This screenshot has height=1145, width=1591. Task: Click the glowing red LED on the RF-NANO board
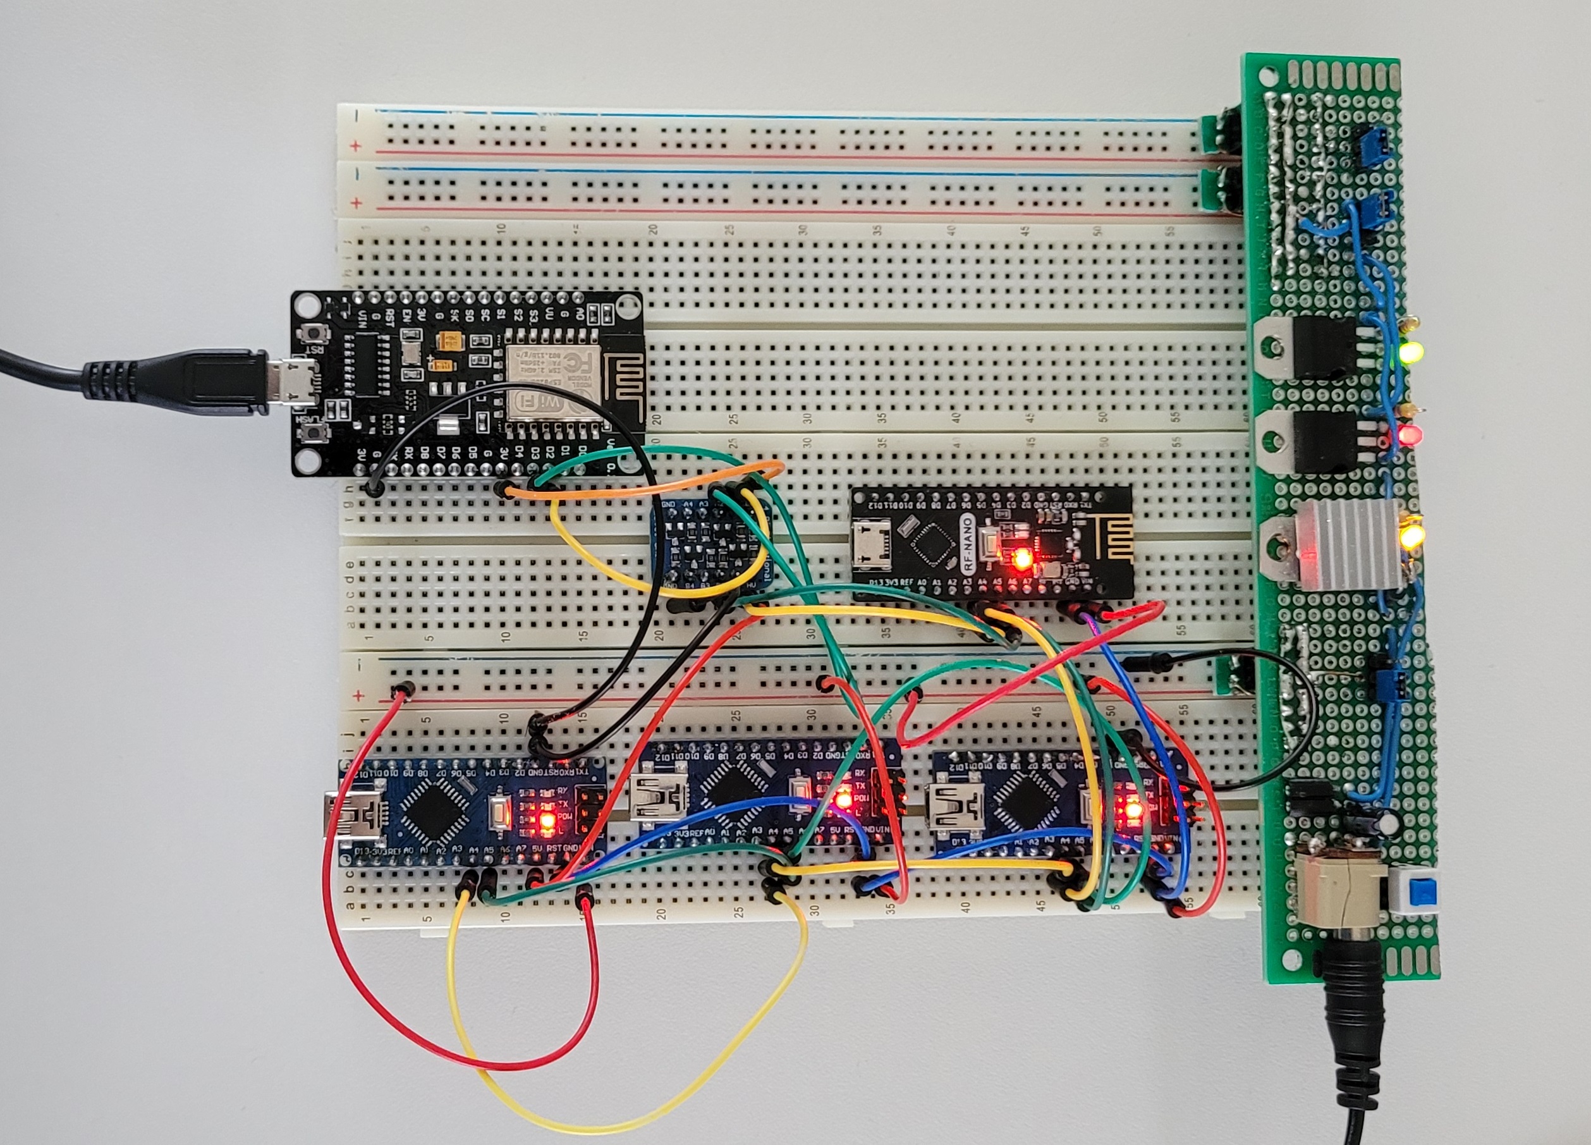coord(1021,558)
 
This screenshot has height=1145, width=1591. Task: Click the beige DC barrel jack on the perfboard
coord(1338,890)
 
